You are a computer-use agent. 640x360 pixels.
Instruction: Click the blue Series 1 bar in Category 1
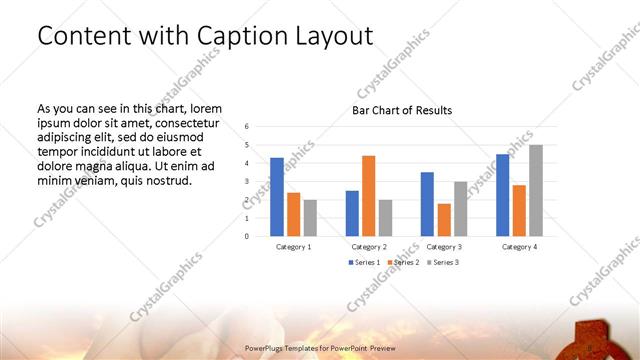(277, 197)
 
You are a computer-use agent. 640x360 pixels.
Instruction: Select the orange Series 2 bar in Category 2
(368, 196)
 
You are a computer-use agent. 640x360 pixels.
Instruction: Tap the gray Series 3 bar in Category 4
(536, 191)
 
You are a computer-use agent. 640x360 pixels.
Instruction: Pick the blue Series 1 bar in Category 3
(427, 204)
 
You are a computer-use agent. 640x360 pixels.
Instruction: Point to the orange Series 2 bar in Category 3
(444, 220)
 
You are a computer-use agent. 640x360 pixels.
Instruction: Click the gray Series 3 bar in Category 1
(310, 218)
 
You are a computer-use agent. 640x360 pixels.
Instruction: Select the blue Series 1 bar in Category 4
(503, 195)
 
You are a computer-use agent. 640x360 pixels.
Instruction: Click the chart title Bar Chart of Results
(402, 110)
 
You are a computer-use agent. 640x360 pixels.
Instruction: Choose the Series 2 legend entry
(403, 262)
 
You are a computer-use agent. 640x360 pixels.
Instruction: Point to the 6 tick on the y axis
(247, 127)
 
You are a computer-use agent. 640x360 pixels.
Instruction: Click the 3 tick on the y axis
(247, 182)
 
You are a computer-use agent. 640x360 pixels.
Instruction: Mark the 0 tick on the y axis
(247, 237)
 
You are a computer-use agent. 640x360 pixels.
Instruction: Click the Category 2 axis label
(369, 246)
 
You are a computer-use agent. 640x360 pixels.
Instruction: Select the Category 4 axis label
(519, 246)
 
